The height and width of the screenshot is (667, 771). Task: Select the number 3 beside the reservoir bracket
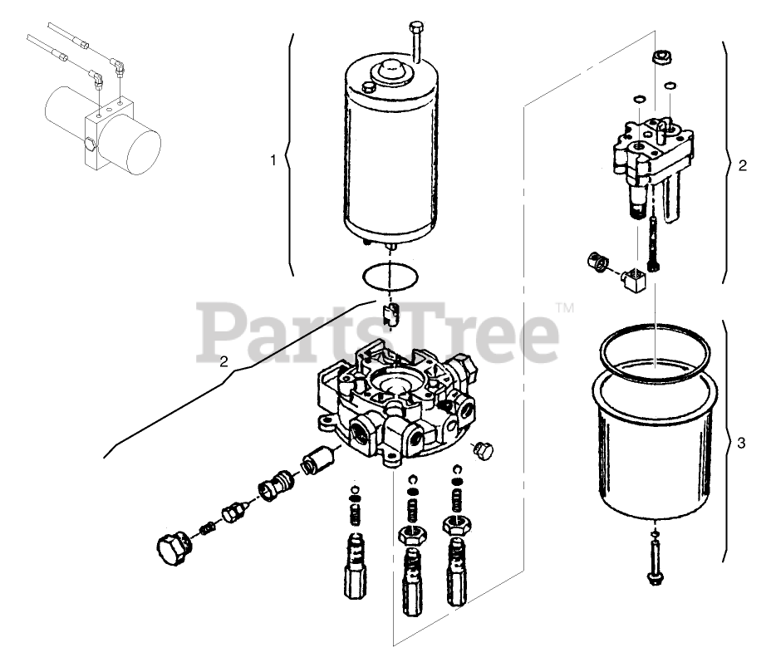(741, 442)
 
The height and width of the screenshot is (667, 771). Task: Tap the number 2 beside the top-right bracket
(742, 164)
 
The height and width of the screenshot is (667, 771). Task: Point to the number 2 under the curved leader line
(223, 361)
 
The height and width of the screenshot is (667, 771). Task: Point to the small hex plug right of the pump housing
(481, 449)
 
